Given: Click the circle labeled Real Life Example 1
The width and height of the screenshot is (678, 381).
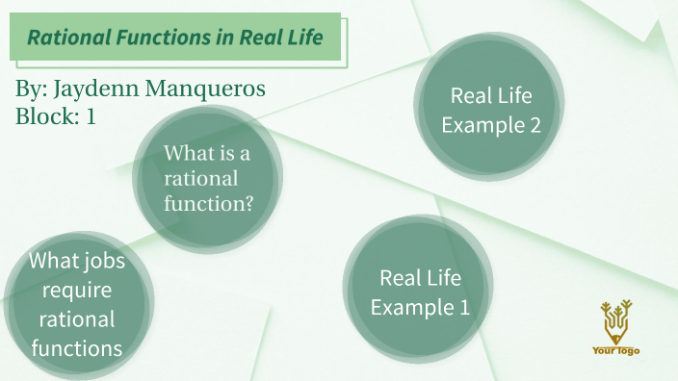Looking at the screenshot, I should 420,292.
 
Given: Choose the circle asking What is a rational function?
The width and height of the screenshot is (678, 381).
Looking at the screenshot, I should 208,179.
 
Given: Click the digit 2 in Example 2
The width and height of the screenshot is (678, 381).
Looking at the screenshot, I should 533,125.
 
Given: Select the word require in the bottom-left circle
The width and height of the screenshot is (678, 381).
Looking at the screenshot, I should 77,290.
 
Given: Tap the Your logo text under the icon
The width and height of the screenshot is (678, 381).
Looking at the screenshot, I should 615,351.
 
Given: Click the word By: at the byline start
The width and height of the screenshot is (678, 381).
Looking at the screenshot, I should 32,90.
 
